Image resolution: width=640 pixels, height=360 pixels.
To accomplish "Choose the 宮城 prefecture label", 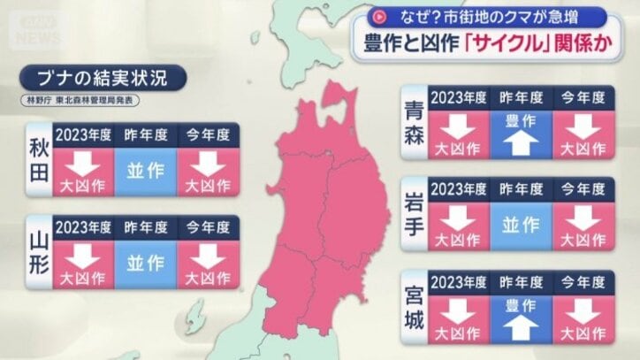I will coord(414,306).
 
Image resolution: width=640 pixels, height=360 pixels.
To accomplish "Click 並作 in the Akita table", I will coord(146,171).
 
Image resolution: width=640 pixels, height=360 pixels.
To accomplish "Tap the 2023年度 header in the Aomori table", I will coord(458,96).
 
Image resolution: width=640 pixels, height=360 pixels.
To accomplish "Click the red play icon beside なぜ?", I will coord(380,16).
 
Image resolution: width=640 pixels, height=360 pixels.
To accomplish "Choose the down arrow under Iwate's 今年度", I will coord(583,218).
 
